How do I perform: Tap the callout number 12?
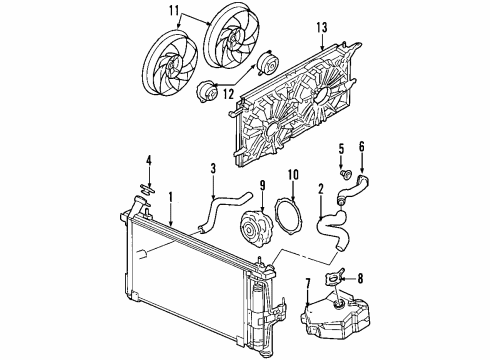[x=229, y=94]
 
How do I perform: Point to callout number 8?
[x=361, y=280]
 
